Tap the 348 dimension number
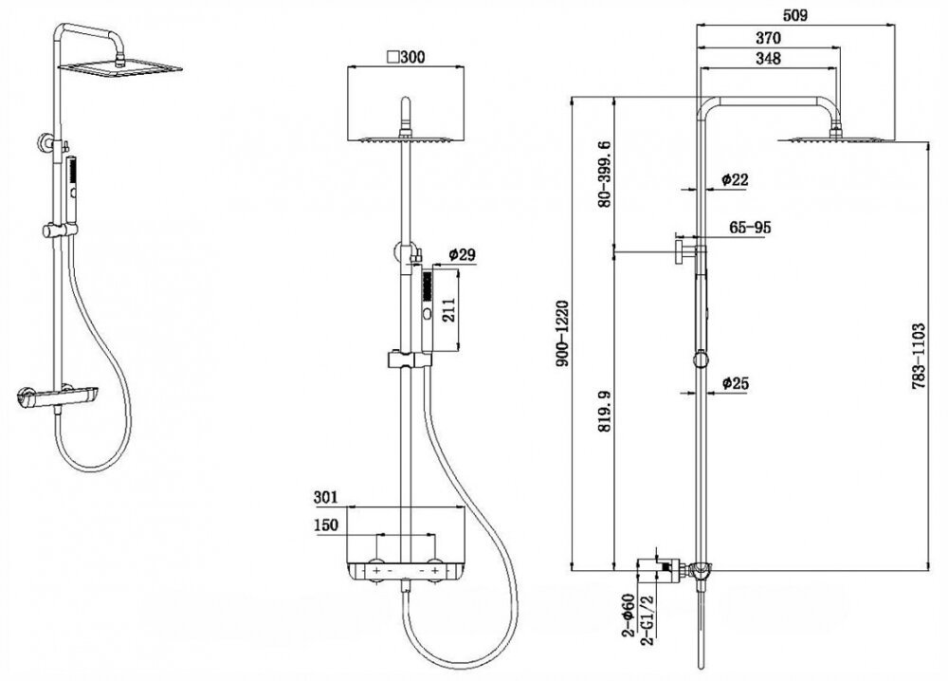[767, 59]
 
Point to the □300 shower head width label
[405, 56]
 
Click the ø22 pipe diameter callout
[736, 179]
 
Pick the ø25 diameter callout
[736, 383]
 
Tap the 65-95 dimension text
[749, 228]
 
